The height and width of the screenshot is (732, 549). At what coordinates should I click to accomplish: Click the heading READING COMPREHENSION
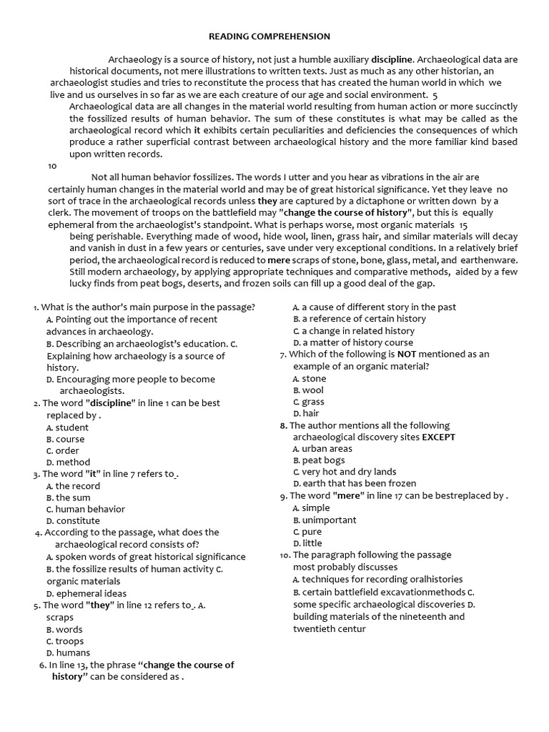[269, 36]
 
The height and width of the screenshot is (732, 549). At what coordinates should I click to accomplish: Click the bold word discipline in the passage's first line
[392, 59]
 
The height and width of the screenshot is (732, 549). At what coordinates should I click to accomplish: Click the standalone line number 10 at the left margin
[52, 166]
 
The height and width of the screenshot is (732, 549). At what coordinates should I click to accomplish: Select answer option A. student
[67, 427]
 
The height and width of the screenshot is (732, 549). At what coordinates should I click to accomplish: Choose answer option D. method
[68, 463]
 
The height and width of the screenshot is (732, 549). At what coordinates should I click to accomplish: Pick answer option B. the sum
[68, 498]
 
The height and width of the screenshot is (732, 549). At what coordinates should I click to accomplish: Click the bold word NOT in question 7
[407, 354]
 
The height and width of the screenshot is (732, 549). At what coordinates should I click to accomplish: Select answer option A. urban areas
[322, 449]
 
